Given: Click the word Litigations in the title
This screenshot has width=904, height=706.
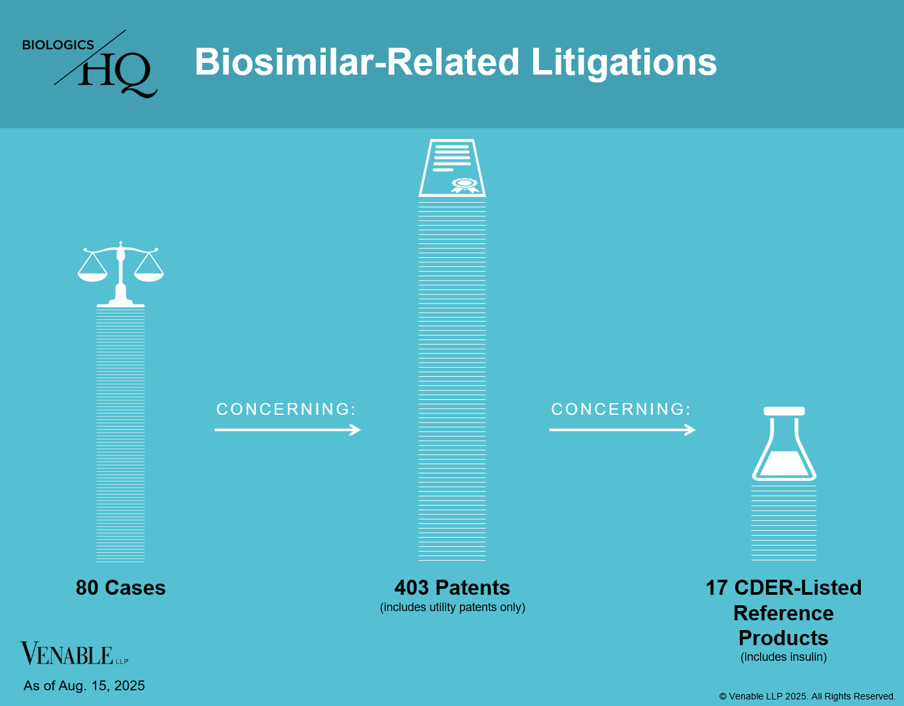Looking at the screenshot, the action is pyautogui.click(x=623, y=62).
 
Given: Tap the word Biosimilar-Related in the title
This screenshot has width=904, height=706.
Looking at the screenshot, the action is pyautogui.click(x=357, y=62).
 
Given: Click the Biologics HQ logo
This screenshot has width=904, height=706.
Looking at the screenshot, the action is pyautogui.click(x=90, y=63).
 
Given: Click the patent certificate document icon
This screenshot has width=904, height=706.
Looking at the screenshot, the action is pyautogui.click(x=452, y=168).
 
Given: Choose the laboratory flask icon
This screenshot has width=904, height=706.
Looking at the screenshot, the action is pyautogui.click(x=784, y=444).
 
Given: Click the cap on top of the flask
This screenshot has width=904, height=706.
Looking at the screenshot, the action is pyautogui.click(x=784, y=411).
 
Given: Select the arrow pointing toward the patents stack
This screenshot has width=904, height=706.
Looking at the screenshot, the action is pyautogui.click(x=287, y=430).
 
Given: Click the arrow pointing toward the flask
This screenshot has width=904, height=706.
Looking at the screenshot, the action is pyautogui.click(x=622, y=430).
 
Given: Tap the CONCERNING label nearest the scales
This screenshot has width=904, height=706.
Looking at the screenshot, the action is pyautogui.click(x=287, y=410).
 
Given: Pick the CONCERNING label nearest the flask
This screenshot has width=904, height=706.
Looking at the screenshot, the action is pyautogui.click(x=621, y=410).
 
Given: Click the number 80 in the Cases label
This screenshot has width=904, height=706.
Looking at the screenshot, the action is pyautogui.click(x=88, y=588).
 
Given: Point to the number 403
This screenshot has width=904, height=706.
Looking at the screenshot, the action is pyautogui.click(x=411, y=588).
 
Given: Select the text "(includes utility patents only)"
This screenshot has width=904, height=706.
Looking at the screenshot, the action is pyautogui.click(x=453, y=607).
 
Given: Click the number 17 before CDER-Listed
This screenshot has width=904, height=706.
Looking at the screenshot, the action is pyautogui.click(x=717, y=588).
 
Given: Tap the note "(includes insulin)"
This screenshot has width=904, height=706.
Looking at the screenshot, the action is pyautogui.click(x=784, y=657).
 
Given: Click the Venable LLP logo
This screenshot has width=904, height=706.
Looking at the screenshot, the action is pyautogui.click(x=75, y=654).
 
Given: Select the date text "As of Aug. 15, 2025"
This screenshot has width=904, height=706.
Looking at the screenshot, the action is pyautogui.click(x=84, y=686).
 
